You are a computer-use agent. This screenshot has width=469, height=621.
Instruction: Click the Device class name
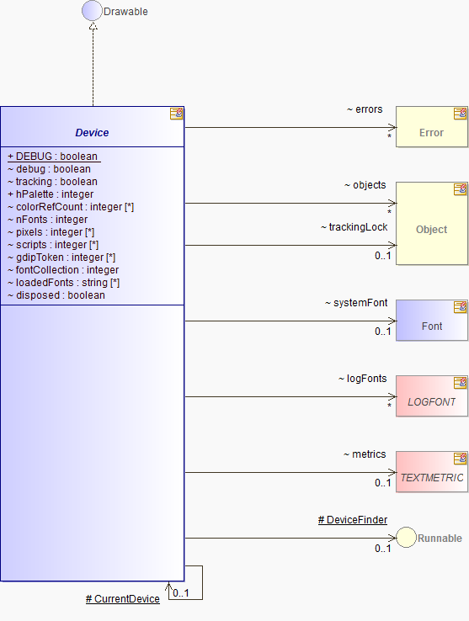click(x=92, y=133)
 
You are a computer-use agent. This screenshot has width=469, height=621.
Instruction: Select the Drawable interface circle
click(x=92, y=11)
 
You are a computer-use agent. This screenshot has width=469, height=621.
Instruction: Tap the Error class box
click(x=432, y=127)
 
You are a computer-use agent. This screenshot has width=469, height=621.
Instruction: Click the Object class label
click(x=431, y=230)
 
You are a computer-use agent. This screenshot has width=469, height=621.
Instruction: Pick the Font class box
click(x=432, y=321)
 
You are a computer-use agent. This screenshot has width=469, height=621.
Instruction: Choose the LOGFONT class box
click(x=432, y=396)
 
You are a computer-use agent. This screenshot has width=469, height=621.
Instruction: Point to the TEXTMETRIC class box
click(x=432, y=472)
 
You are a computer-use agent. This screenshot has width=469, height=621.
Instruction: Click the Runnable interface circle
click(x=406, y=538)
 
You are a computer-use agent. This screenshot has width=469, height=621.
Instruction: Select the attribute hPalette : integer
click(x=51, y=194)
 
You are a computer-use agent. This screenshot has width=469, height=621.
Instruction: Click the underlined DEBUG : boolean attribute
click(x=53, y=157)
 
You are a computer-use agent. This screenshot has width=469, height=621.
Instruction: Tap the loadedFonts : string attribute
click(x=63, y=283)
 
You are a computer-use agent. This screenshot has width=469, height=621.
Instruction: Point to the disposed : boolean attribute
click(x=56, y=295)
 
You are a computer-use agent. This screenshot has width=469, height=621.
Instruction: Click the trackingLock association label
click(x=354, y=227)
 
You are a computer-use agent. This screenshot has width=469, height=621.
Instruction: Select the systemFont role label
click(x=356, y=303)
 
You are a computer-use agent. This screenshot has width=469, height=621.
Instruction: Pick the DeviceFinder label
click(x=353, y=520)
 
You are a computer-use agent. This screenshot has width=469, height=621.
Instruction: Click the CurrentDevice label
click(x=122, y=599)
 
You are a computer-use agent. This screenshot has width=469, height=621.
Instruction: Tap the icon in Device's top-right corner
click(x=177, y=114)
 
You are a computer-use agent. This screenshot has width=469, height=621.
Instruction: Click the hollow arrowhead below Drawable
click(x=93, y=26)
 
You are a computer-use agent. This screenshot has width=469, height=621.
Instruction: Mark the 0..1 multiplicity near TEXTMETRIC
click(x=382, y=483)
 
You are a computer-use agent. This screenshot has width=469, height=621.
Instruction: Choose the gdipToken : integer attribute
click(x=61, y=257)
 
